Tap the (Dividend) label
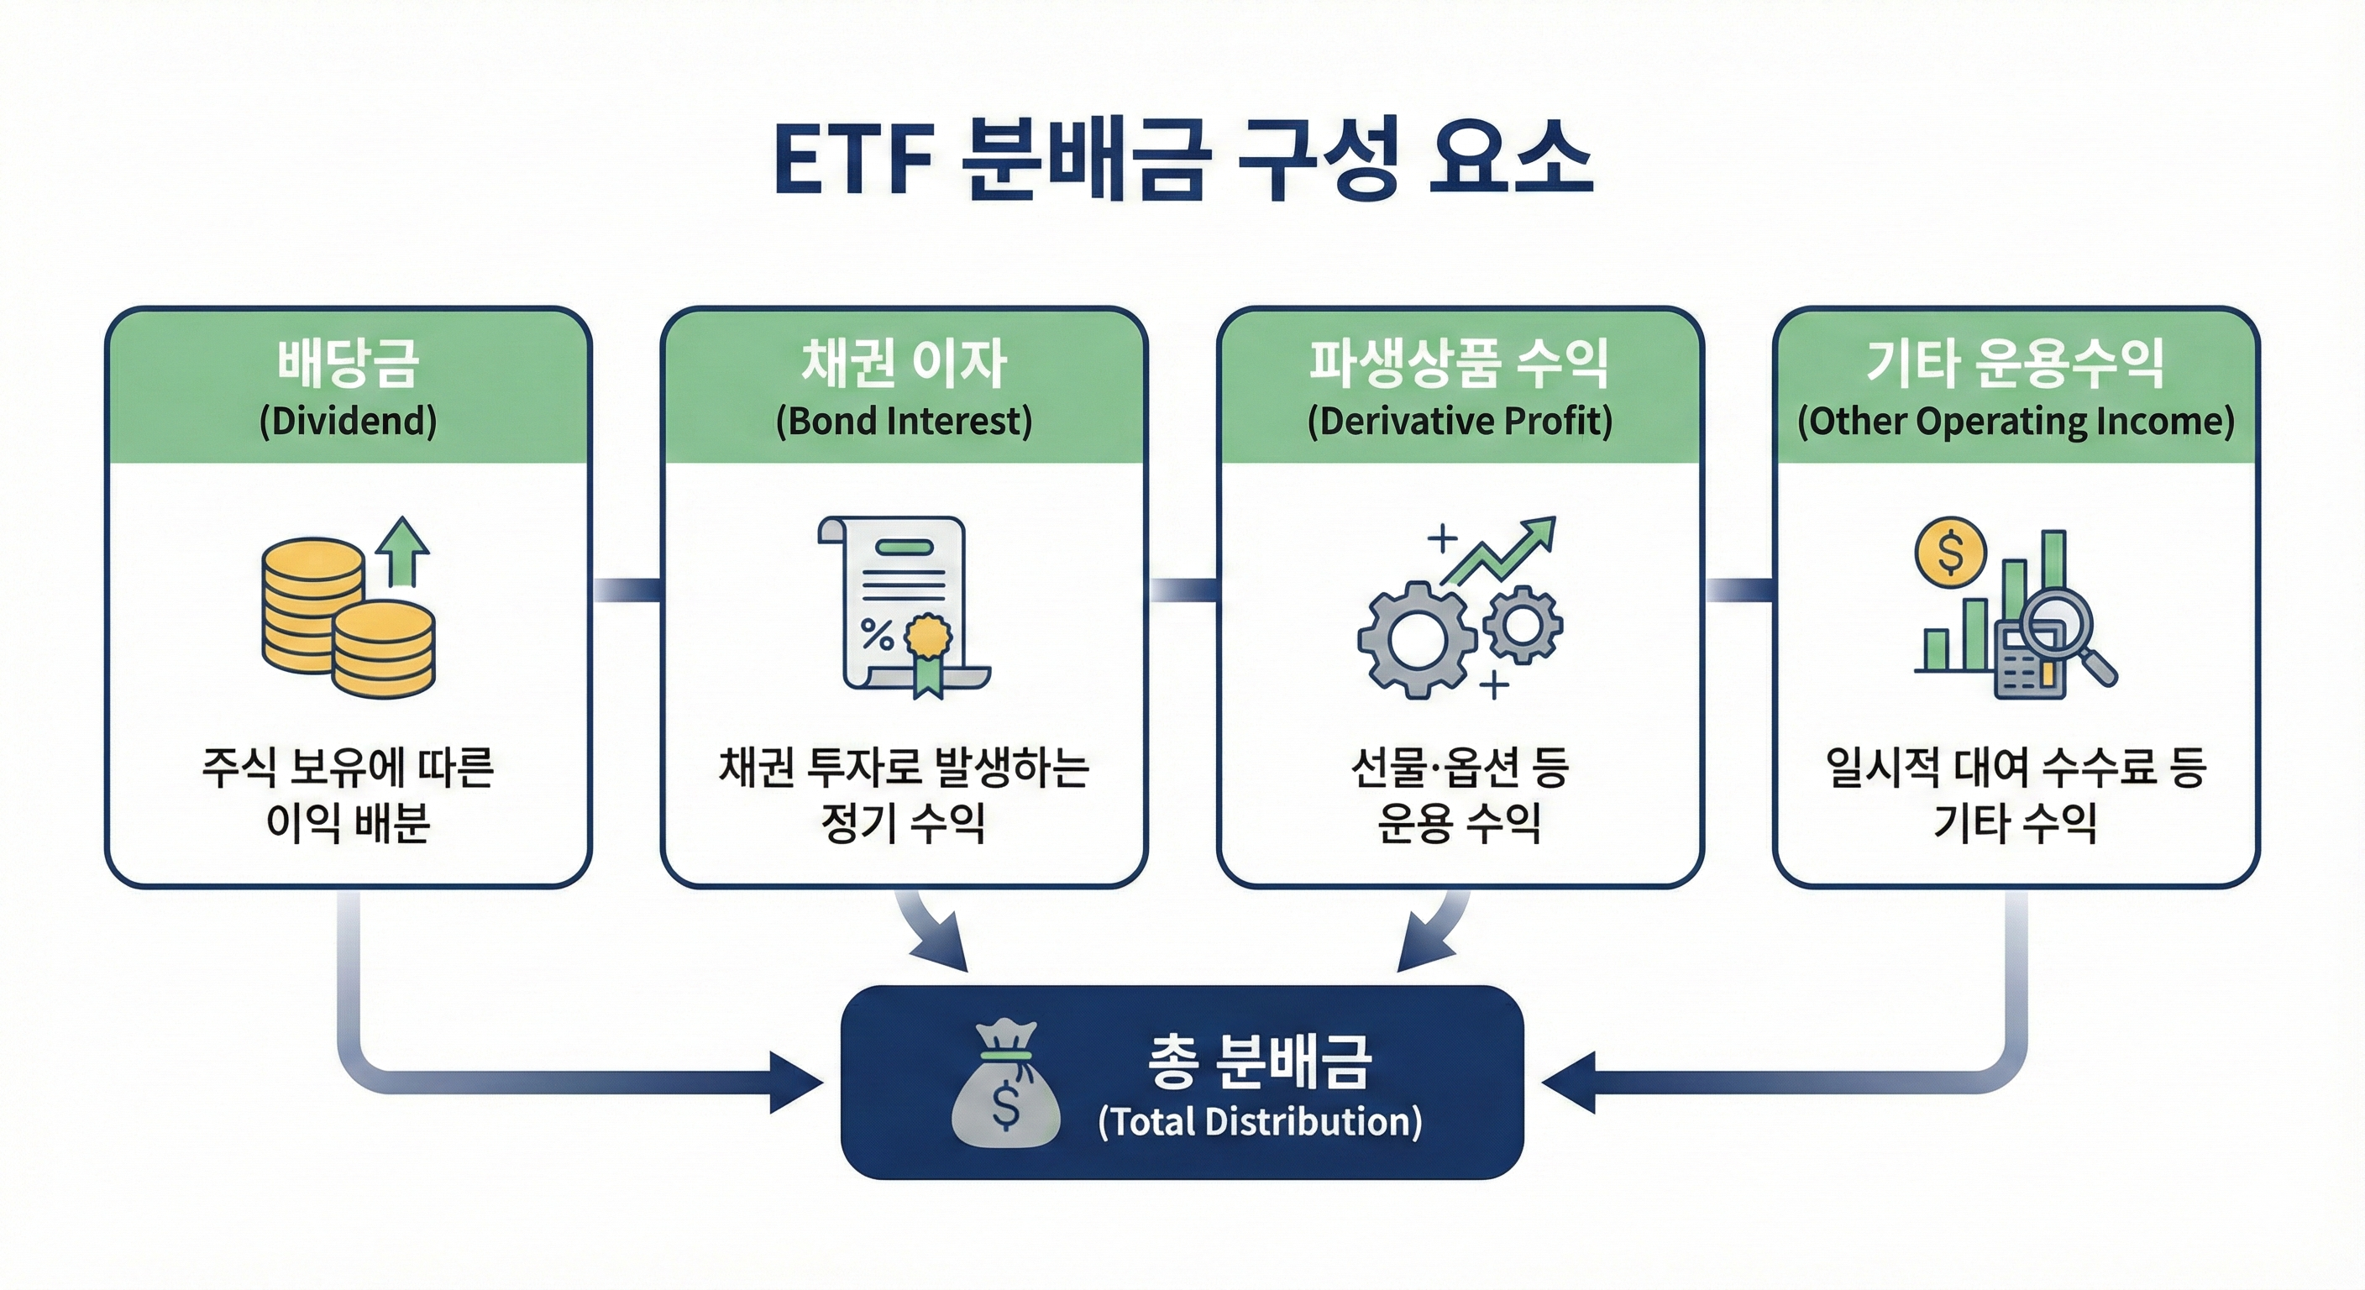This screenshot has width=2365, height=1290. point(348,422)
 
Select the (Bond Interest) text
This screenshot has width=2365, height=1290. point(904,422)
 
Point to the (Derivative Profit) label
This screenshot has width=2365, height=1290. point(1460,422)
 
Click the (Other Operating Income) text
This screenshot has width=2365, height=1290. point(2016,422)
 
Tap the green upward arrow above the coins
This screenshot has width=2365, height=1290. point(402,551)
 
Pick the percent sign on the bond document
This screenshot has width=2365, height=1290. point(877,633)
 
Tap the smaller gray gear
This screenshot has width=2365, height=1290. point(1522,624)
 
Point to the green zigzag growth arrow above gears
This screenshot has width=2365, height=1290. point(1501,551)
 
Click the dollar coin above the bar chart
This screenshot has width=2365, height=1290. point(1950,553)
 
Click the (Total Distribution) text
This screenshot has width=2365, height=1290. point(1260,1122)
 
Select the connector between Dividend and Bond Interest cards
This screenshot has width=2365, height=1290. point(627,590)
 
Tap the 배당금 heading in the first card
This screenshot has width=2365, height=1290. point(348,363)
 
